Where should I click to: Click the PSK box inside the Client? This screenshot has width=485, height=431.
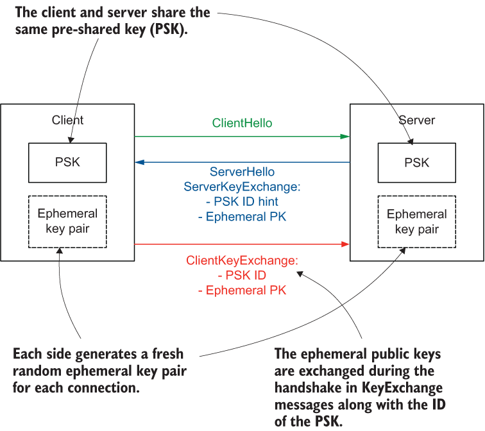click(67, 162)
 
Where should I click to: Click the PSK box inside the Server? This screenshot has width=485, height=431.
click(416, 162)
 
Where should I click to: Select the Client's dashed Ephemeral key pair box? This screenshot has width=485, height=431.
click(67, 222)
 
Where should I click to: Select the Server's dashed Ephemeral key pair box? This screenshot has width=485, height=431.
click(416, 222)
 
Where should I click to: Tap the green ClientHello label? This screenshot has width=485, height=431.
click(242, 123)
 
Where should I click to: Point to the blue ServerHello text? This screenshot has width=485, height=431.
click(242, 173)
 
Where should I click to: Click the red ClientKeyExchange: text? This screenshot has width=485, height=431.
click(242, 262)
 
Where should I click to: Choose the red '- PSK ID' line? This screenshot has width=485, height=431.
click(242, 276)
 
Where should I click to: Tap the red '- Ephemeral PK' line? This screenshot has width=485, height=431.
click(242, 291)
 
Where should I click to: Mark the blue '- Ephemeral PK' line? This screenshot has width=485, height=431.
click(242, 217)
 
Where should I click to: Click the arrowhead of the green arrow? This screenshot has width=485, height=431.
click(345, 136)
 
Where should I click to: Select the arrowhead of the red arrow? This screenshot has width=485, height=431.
click(345, 244)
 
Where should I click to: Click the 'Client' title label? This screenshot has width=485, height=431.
click(67, 121)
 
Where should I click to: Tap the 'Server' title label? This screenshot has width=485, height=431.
click(416, 121)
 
